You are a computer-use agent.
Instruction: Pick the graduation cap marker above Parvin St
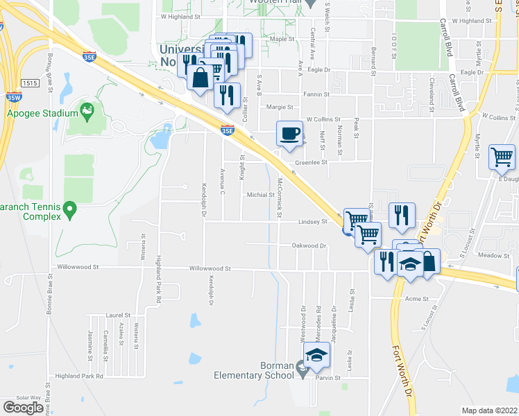tap(316, 356)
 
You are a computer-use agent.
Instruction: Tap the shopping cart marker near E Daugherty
tap(502, 157)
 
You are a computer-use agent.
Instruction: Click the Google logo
tap(23, 407)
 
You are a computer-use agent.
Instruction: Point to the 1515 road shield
tap(30, 83)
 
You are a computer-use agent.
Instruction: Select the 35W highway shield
tap(13, 97)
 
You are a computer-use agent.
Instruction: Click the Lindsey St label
tap(313, 222)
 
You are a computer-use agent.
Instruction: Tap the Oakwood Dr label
tap(309, 245)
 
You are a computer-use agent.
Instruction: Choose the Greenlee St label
tap(311, 163)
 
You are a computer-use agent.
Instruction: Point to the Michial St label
tap(262, 195)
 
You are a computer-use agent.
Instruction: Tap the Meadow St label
tap(494, 255)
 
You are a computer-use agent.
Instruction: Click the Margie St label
tap(280, 107)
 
